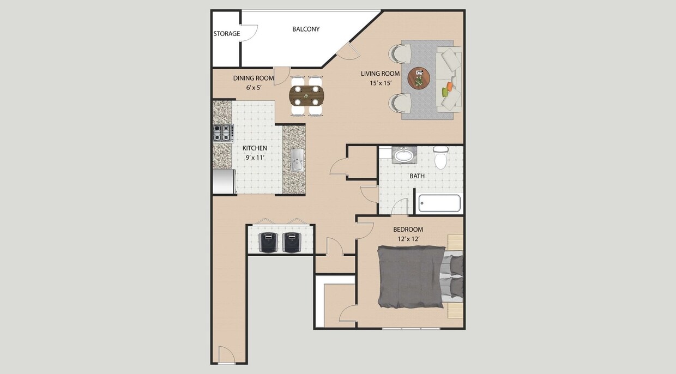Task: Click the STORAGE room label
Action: [x=226, y=34]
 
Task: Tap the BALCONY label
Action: [x=306, y=29]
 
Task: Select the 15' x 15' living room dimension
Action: [x=380, y=83]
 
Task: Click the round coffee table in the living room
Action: [x=419, y=78]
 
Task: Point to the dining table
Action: [x=306, y=95]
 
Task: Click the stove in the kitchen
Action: [x=223, y=133]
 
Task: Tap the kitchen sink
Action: [x=297, y=160]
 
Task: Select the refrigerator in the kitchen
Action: [x=224, y=182]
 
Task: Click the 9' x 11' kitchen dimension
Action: [x=255, y=158]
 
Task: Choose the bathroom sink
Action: [x=404, y=155]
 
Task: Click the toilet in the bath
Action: [x=440, y=158]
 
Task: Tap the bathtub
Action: [x=439, y=203]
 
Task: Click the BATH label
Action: [x=417, y=176]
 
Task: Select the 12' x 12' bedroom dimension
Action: [x=408, y=239]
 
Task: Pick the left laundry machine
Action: [x=268, y=242]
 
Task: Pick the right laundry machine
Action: [x=292, y=242]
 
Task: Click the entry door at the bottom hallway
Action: [x=226, y=356]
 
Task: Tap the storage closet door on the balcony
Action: [x=250, y=33]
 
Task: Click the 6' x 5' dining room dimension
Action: [x=253, y=87]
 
